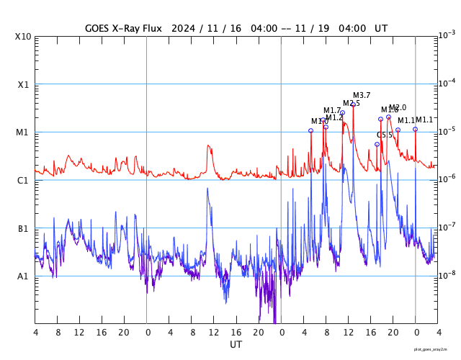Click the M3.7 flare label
coord(362,95)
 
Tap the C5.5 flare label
coord(385,135)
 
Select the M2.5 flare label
coord(352,104)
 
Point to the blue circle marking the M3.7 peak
coord(353,105)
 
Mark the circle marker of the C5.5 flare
coord(377,144)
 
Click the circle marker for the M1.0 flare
coord(311,130)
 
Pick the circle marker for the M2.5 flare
coord(342,112)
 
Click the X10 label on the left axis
coord(23,37)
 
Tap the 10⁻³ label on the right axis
coord(447,35)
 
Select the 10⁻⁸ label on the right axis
coord(447,275)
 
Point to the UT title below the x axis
coord(236,345)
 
